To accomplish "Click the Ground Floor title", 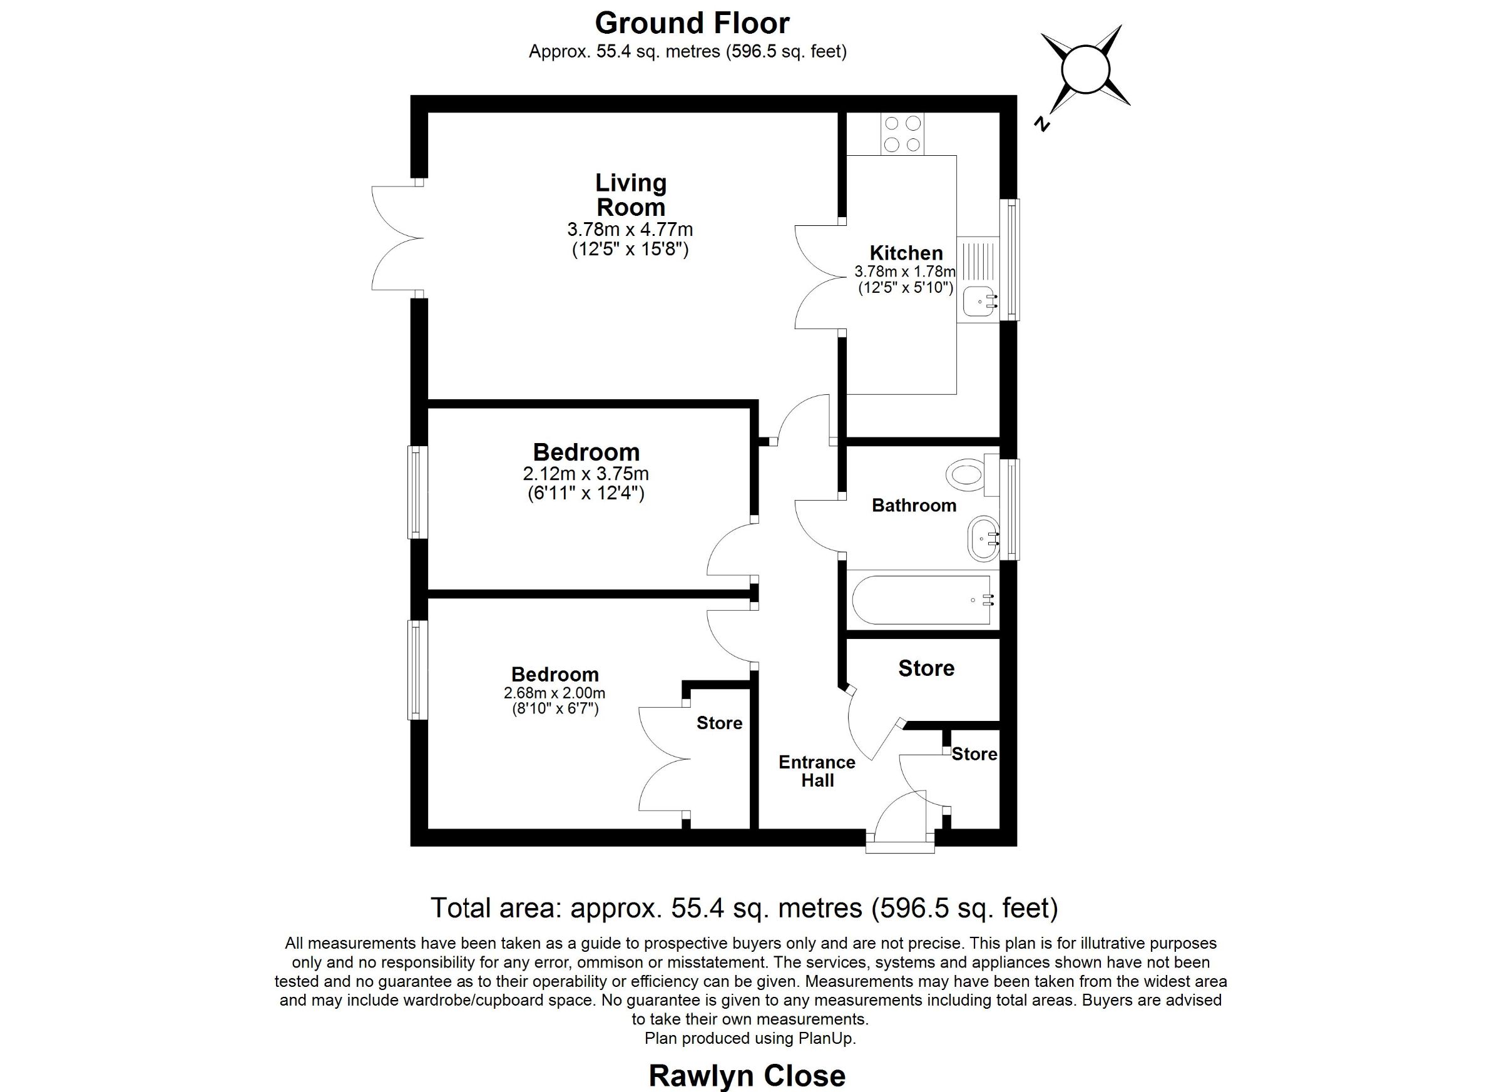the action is pos(692,23).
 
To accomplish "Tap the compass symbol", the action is pos(1085,69).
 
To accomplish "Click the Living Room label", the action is pos(630,195).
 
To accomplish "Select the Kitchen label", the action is pos(906,253).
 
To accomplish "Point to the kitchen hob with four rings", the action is pos(902,134).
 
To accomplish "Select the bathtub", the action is pos(921,600).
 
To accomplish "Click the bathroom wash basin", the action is pos(983,538).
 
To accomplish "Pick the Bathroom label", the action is pos(914,506).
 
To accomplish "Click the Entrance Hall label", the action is pos(817,771).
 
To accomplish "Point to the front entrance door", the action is pos(901,821).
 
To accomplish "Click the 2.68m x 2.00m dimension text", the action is pos(554,693).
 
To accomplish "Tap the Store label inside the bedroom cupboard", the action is pos(719,723).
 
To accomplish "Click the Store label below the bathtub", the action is pos(926,668).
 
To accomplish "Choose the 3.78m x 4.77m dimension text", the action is pos(630,230).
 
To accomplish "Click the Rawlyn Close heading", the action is pos(747,1076).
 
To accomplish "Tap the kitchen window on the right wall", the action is pos(1011,260).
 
